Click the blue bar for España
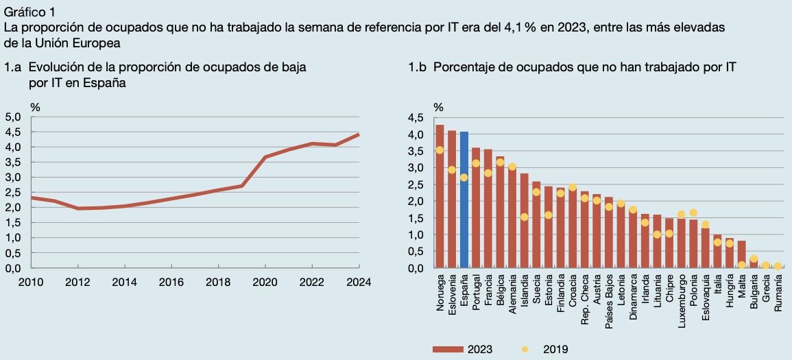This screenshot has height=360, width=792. (x=464, y=200)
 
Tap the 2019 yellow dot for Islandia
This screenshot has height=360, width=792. (x=525, y=217)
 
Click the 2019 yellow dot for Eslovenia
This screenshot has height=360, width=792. (x=452, y=170)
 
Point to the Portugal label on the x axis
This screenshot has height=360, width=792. (x=477, y=293)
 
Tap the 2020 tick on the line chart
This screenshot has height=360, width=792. (x=265, y=281)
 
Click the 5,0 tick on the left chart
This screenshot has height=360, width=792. (x=13, y=117)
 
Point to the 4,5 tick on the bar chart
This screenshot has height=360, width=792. (x=416, y=118)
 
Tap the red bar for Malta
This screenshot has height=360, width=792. (x=741, y=254)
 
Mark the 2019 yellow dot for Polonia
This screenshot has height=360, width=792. (x=693, y=213)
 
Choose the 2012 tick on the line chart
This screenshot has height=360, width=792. (x=77, y=281)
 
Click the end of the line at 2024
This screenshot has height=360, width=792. (x=359, y=134)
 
